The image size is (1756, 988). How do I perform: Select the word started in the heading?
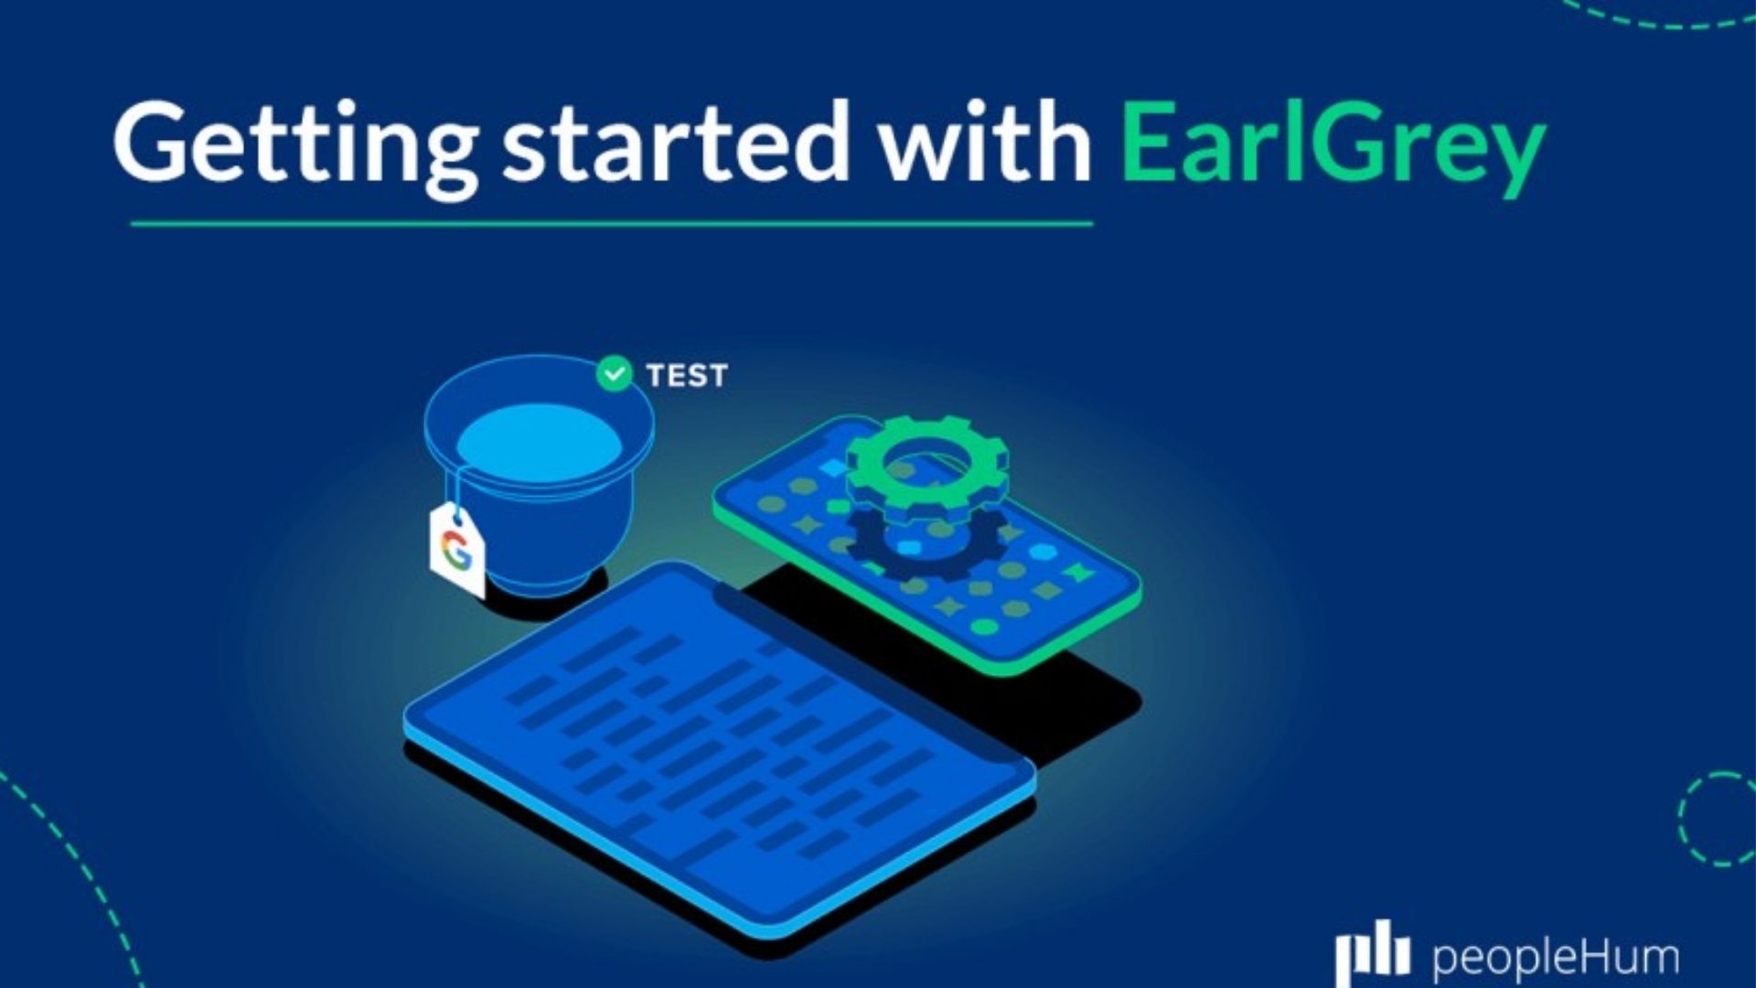(x=675, y=145)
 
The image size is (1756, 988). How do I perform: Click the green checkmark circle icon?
(x=614, y=373)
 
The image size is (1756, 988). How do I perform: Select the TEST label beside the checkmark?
(x=687, y=375)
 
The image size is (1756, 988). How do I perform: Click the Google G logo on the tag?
(x=455, y=550)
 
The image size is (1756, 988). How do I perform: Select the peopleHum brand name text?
(x=1555, y=957)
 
